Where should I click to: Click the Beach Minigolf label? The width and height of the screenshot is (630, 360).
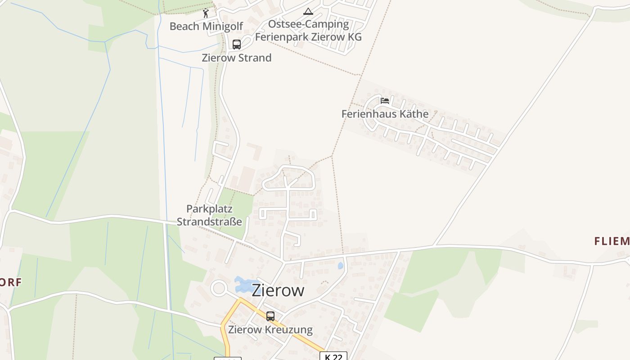click(206, 26)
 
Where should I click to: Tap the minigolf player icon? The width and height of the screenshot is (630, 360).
click(206, 13)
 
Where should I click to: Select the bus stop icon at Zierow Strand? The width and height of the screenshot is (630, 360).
click(237, 45)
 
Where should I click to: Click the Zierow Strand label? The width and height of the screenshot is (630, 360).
click(237, 58)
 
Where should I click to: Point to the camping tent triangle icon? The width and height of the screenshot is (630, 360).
click(308, 11)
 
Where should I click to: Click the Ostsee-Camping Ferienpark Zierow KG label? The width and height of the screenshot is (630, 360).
click(308, 30)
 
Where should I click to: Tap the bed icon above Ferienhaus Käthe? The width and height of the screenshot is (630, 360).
click(385, 100)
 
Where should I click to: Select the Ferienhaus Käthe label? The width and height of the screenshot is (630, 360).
click(385, 114)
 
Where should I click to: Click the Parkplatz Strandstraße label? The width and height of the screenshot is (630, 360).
click(209, 215)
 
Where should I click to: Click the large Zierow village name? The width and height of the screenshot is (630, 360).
click(278, 290)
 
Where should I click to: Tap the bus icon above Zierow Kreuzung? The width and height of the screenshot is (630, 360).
click(270, 316)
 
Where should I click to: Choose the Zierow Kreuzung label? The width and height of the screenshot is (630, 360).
click(270, 329)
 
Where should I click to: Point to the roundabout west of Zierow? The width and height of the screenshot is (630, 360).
click(219, 288)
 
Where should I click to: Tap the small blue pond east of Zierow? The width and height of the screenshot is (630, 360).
click(341, 265)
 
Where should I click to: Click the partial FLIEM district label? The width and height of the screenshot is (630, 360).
click(612, 241)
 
